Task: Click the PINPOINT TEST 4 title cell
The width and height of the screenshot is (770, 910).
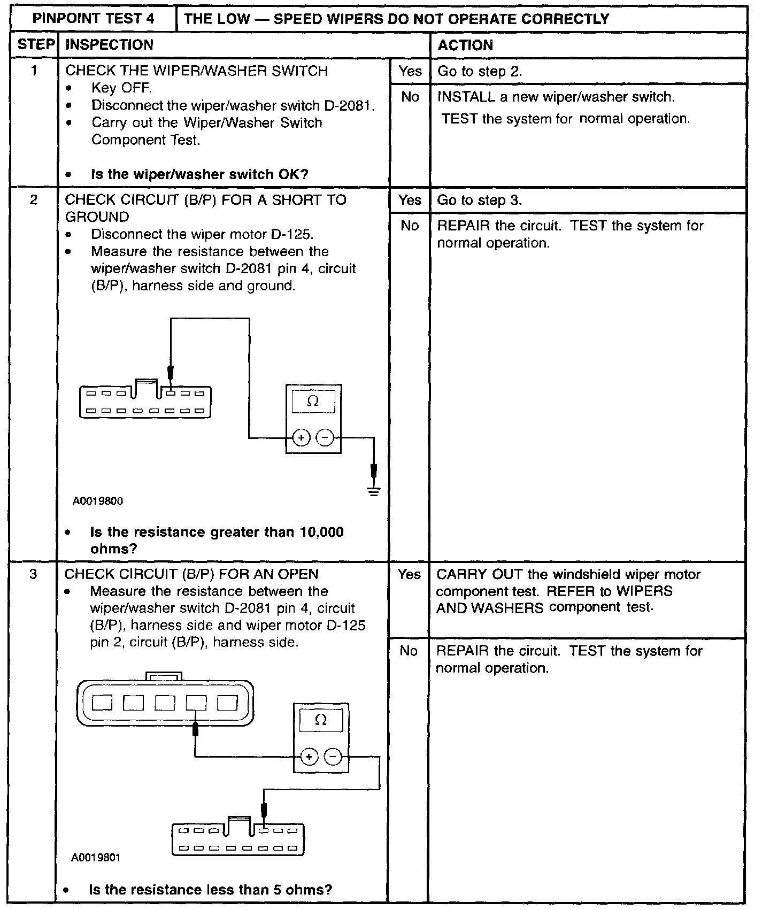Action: (94, 19)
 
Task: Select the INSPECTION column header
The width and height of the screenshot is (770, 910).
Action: (109, 45)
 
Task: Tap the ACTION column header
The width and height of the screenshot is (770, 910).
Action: (465, 45)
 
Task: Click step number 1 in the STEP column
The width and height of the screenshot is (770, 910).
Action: (34, 71)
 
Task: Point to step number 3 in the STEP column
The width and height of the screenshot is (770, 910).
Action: (33, 574)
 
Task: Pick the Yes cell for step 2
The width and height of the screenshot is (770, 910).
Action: (410, 200)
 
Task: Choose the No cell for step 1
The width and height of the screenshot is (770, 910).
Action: (410, 97)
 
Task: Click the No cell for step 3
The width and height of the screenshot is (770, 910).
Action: (409, 651)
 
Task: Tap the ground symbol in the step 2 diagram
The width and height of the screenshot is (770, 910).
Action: (374, 491)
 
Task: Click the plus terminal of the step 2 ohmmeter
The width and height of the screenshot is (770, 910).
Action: (301, 438)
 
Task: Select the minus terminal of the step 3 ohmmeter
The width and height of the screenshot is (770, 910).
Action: (333, 757)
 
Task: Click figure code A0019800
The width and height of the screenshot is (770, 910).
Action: (98, 502)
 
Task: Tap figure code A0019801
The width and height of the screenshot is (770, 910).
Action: (96, 858)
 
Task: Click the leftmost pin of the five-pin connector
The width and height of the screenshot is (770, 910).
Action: (102, 702)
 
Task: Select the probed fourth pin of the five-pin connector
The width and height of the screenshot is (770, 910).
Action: (196, 702)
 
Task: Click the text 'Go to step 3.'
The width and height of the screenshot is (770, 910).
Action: (479, 200)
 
